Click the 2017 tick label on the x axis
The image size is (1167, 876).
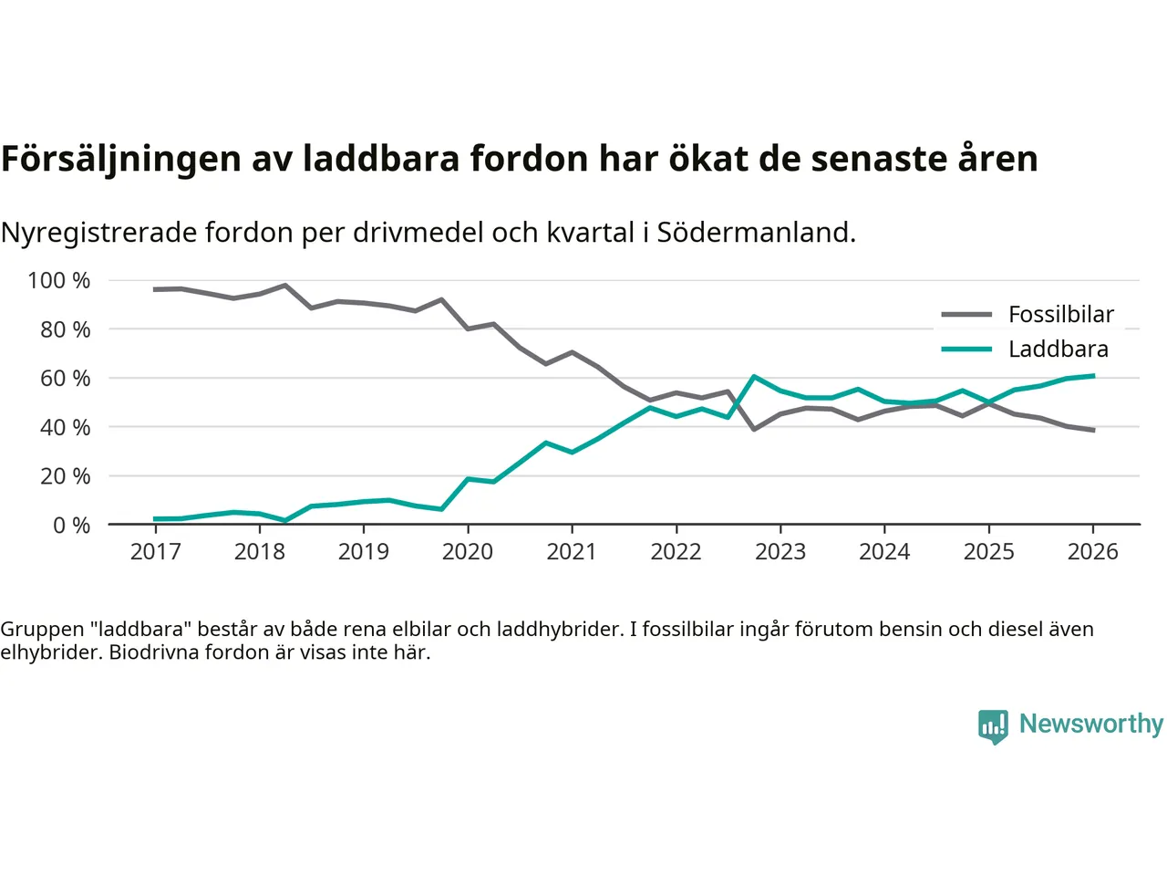[x=156, y=552]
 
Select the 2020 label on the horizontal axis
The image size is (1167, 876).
[x=468, y=552]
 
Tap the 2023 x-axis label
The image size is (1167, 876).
[x=780, y=552]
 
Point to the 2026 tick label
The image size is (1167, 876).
[x=1092, y=552]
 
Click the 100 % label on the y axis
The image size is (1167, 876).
[x=59, y=281]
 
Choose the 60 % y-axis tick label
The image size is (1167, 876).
[x=65, y=379]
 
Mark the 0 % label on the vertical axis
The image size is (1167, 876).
[x=71, y=526]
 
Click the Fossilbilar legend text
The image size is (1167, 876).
[x=1061, y=315]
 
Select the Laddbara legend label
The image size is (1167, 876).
[x=1059, y=349]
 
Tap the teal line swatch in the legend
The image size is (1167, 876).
[x=966, y=349]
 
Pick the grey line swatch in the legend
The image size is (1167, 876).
[x=966, y=315]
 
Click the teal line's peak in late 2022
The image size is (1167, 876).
[x=754, y=377]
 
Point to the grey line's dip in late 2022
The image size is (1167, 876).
[x=754, y=429]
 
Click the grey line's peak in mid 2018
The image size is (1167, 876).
[x=285, y=286]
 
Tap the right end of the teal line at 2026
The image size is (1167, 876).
[x=1092, y=376]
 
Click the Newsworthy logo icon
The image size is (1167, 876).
[x=993, y=726]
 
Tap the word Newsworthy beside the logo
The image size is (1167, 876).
[x=1091, y=724]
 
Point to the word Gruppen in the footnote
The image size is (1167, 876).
[x=42, y=630]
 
